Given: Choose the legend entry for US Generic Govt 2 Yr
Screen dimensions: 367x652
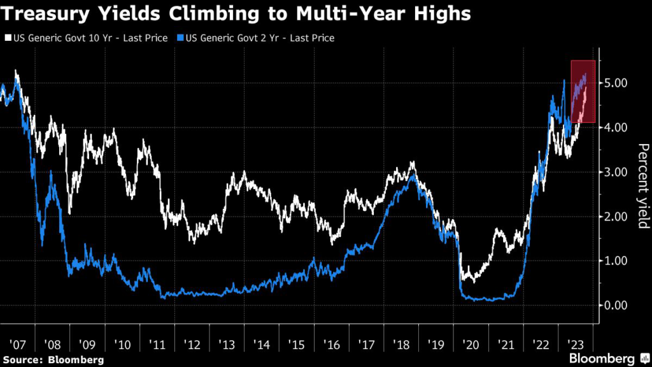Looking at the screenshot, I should tap(257, 38).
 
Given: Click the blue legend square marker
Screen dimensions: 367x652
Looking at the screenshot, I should tap(176, 38).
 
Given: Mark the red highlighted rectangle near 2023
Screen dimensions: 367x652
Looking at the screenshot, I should tap(583, 91).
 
